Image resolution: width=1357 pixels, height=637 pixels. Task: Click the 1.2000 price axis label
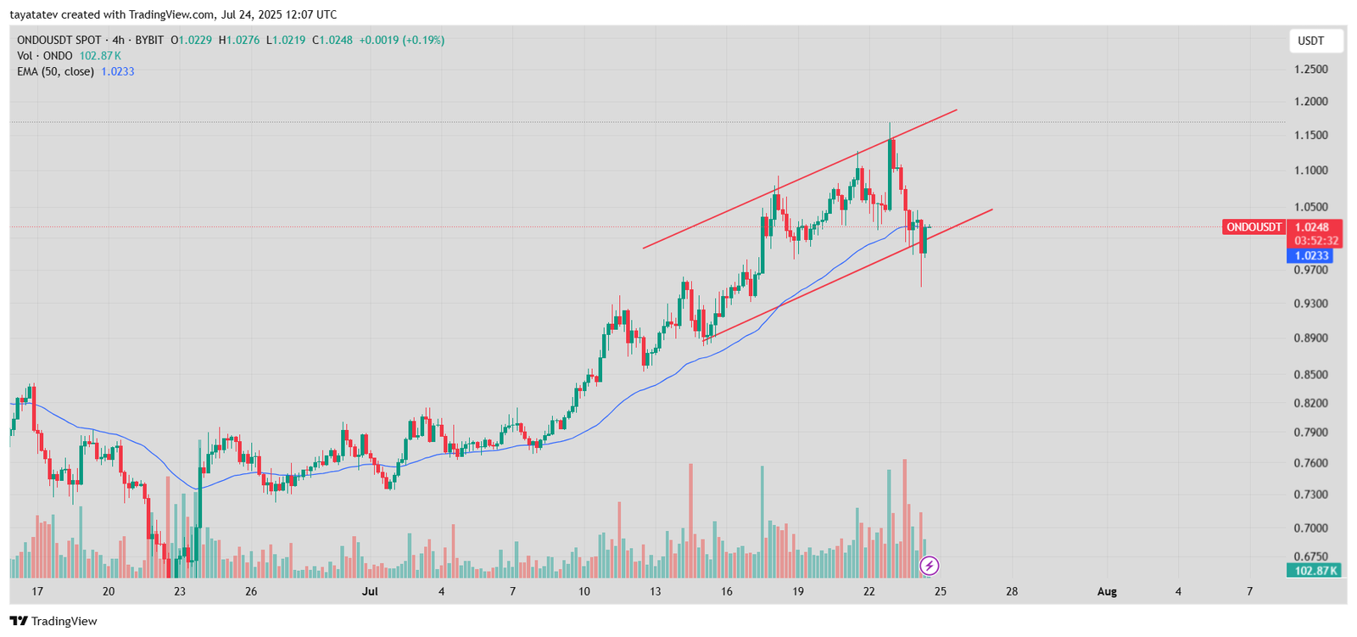(1310, 102)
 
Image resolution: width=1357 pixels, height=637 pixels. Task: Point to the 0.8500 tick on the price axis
(1310, 375)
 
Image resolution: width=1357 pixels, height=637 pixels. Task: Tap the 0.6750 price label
(1310, 557)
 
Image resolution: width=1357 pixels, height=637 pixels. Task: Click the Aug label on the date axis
(1107, 591)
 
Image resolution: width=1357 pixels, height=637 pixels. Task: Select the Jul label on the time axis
(370, 591)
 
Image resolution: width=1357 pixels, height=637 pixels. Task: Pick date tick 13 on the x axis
(656, 591)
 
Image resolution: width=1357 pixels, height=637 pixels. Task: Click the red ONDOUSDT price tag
(1254, 227)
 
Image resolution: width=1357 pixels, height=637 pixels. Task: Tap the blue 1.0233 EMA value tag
(1311, 256)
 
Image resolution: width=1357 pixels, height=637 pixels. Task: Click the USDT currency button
(1311, 41)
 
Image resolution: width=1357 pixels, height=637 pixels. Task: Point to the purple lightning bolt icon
(930, 566)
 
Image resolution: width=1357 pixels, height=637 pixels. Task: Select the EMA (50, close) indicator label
(55, 72)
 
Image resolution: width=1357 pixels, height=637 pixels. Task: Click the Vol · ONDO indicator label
(45, 56)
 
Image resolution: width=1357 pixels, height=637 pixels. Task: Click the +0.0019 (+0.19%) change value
(401, 40)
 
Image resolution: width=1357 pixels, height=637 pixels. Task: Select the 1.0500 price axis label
(1310, 207)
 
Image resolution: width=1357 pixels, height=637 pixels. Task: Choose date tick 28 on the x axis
(1012, 591)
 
